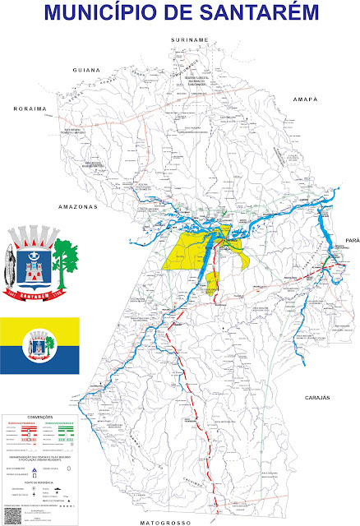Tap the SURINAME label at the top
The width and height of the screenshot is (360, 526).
(188, 39)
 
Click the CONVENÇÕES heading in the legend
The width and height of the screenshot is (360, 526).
(39, 417)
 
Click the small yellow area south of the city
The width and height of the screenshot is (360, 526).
(211, 284)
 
